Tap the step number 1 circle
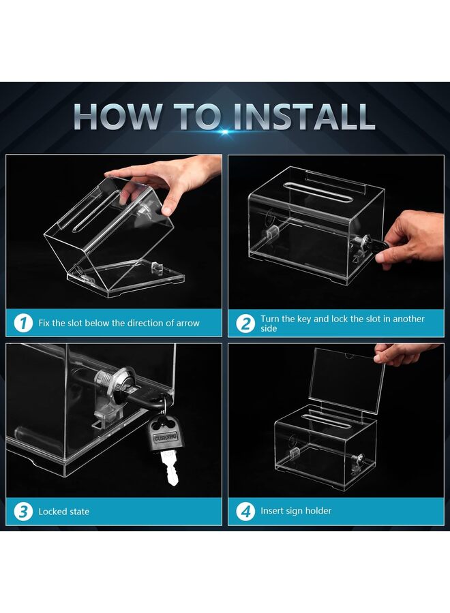tap(23, 323)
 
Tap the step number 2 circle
tap(245, 324)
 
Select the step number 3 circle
tap(23, 511)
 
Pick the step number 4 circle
tap(245, 511)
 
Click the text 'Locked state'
tap(63, 512)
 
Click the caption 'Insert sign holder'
tap(296, 511)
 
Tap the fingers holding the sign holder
tap(402, 353)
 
